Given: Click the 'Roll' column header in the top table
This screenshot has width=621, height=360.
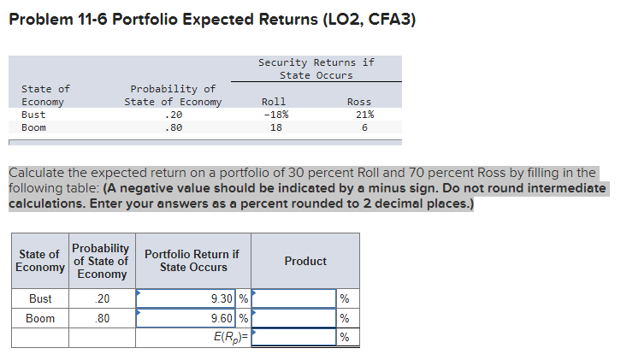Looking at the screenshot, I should (273, 102).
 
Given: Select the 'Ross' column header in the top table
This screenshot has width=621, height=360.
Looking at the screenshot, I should (359, 102).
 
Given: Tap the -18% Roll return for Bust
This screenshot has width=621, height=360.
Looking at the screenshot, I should (275, 115).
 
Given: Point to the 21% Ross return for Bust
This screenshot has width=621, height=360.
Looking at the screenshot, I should (364, 115).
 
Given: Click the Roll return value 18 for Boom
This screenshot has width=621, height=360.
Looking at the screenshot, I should (275, 127).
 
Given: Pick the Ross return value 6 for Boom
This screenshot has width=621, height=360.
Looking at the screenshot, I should (364, 127).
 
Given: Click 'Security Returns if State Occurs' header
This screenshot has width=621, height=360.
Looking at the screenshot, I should (316, 68).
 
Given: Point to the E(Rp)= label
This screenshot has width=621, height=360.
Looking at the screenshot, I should (231, 336).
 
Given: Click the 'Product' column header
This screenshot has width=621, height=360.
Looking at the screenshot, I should (305, 261).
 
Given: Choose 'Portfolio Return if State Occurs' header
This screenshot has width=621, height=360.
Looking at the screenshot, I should (192, 261).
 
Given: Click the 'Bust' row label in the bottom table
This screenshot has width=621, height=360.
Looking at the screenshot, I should (40, 299).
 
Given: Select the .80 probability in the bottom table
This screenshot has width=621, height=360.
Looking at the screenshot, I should (100, 318).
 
